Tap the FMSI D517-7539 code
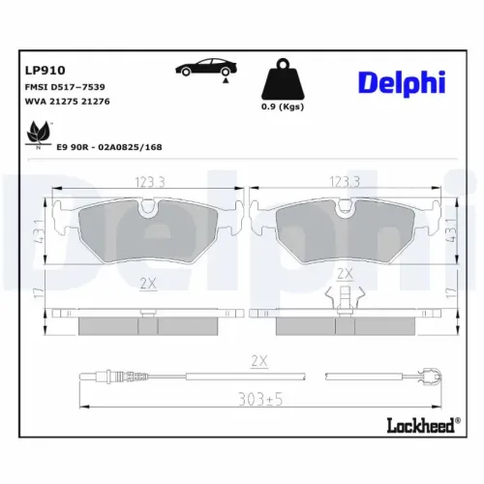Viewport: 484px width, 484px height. (x=66, y=87)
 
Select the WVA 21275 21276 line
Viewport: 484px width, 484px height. (x=67, y=102)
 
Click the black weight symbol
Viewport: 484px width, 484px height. (x=283, y=78)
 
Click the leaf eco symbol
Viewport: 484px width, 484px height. (x=39, y=132)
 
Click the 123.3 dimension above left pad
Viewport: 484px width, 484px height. (x=147, y=181)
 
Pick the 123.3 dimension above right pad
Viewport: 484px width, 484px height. (x=345, y=181)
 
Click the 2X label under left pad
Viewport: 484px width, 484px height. (x=147, y=283)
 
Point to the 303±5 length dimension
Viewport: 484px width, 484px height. (x=257, y=397)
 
